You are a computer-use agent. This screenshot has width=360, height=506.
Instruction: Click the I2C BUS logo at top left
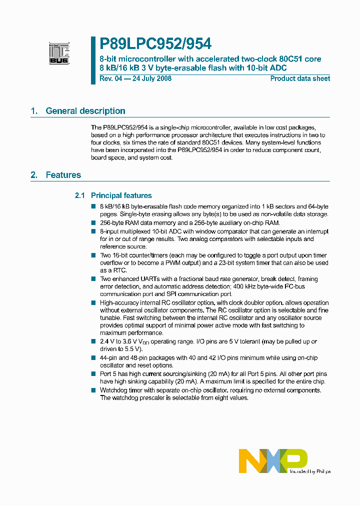click(x=59, y=53)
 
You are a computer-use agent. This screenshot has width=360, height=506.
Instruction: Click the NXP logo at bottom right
click(x=273, y=460)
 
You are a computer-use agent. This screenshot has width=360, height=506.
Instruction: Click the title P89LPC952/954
click(x=155, y=44)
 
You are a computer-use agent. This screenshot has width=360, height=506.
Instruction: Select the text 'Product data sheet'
click(x=300, y=78)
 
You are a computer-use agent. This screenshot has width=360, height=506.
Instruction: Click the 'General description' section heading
click(x=85, y=111)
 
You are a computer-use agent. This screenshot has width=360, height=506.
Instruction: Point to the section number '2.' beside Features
click(x=34, y=175)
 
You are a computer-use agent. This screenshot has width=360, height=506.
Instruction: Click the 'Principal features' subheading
click(x=121, y=195)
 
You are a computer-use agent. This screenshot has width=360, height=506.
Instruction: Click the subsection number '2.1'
click(x=80, y=195)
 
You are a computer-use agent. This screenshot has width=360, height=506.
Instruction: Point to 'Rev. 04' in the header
click(x=110, y=78)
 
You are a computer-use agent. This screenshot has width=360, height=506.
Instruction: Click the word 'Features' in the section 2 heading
click(x=63, y=175)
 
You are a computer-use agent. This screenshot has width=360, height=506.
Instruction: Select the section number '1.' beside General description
click(x=34, y=111)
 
